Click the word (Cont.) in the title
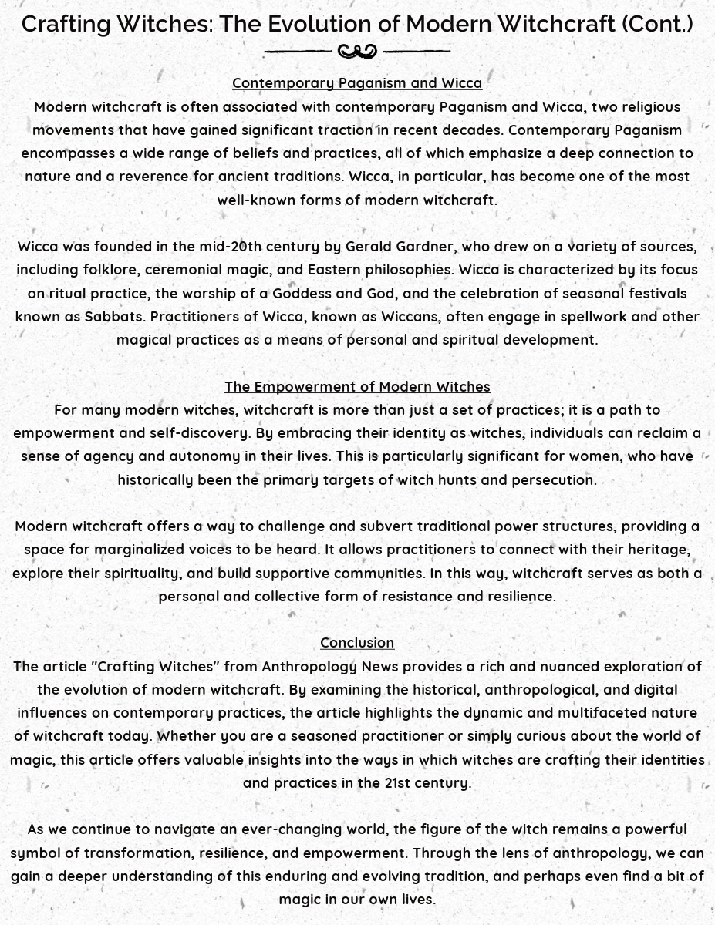pyautogui.click(x=657, y=24)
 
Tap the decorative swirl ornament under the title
pyautogui.click(x=357, y=52)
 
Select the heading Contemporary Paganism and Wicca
pyautogui.click(x=357, y=83)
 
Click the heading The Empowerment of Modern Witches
pyautogui.click(x=357, y=386)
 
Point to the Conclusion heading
pyautogui.click(x=357, y=643)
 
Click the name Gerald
pyautogui.click(x=368, y=247)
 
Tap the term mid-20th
pyautogui.click(x=230, y=247)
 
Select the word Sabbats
pyautogui.click(x=113, y=317)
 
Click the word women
pyautogui.click(x=606, y=456)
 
